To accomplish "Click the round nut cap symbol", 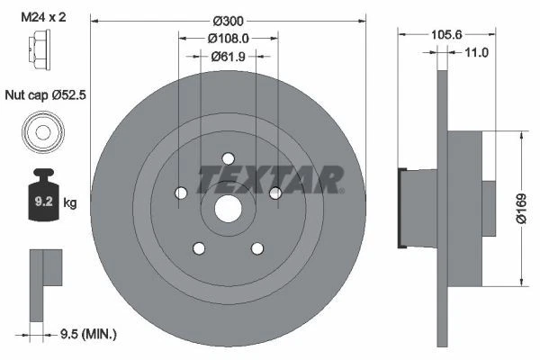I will (x=42, y=132).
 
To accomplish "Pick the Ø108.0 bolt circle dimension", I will (x=229, y=40).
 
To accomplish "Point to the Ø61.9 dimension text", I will (x=229, y=57).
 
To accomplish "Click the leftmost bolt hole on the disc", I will (x=181, y=193).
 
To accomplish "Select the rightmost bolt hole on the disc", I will (x=275, y=192).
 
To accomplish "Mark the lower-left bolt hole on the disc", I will (x=199, y=248).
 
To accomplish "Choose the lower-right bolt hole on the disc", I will (x=257, y=248).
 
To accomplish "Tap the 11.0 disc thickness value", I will (x=474, y=53).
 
